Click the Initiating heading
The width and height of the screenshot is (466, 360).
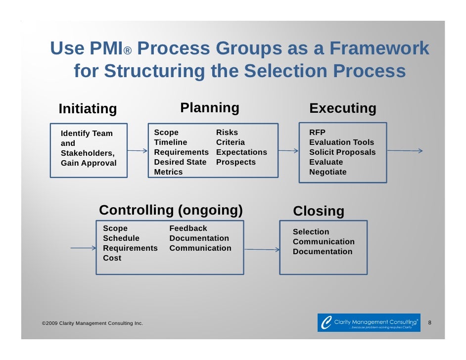pyautogui.click(x=88, y=108)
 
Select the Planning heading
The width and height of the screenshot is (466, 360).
pyautogui.click(x=209, y=108)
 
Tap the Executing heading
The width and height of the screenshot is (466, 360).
pyautogui.click(x=342, y=108)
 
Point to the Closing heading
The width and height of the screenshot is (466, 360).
pyautogui.click(x=318, y=211)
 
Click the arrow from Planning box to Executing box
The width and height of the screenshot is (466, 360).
pyautogui.click(x=288, y=150)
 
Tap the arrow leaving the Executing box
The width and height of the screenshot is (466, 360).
pyautogui.click(x=404, y=151)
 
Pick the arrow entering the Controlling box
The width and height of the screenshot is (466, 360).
pyautogui.click(x=83, y=248)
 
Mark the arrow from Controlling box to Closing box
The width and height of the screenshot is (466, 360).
pyautogui.click(x=262, y=250)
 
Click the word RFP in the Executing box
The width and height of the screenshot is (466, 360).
pyautogui.click(x=317, y=133)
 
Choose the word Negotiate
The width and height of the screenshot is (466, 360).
pyautogui.click(x=327, y=172)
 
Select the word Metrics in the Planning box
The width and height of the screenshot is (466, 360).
pyautogui.click(x=168, y=172)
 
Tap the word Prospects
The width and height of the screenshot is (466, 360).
pyautogui.click(x=235, y=162)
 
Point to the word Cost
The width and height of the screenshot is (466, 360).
pyautogui.click(x=112, y=258)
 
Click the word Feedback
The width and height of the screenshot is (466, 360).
pyautogui.click(x=188, y=228)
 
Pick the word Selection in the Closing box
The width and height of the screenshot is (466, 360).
pyautogui.click(x=311, y=232)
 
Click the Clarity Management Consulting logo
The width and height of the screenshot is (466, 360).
pyautogui.click(x=369, y=322)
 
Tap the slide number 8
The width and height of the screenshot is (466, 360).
pyautogui.click(x=429, y=323)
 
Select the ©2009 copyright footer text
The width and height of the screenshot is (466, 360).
pyautogui.click(x=93, y=323)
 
